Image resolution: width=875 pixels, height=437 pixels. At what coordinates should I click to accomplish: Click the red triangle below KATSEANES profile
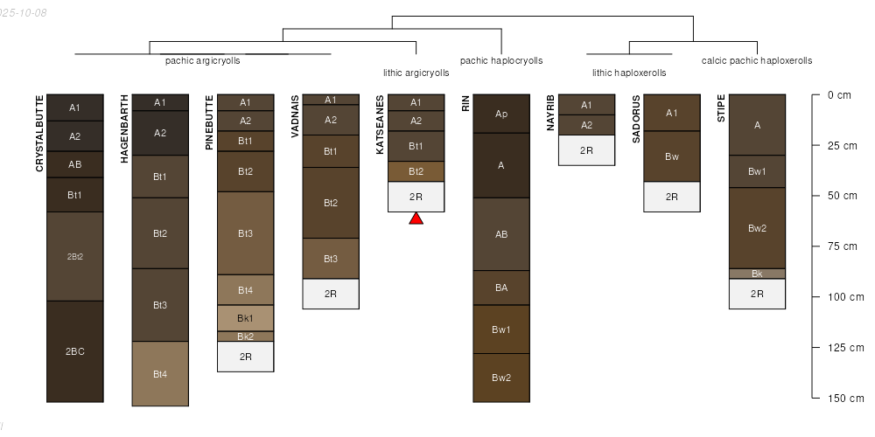tap(416, 218)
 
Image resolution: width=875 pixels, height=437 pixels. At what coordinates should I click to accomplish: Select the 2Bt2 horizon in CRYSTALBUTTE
tap(74, 256)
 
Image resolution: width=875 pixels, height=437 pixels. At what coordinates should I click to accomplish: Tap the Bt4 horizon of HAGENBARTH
tap(160, 374)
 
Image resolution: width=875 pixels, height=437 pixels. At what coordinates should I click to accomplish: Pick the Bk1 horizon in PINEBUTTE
tap(245, 317)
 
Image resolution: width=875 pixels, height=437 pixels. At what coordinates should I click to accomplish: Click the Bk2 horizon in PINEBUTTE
tap(245, 336)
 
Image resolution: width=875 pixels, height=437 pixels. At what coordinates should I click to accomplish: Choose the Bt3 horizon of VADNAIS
tap(330, 259)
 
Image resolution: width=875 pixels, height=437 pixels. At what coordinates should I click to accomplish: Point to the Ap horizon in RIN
tap(501, 114)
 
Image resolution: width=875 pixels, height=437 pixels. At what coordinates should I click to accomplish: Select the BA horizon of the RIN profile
tap(501, 288)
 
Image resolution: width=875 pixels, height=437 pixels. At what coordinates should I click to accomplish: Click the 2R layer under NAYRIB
tap(586, 150)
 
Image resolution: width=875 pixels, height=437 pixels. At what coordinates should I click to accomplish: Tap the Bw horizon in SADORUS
tap(671, 156)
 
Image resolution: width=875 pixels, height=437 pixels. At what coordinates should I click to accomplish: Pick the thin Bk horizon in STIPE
tap(757, 274)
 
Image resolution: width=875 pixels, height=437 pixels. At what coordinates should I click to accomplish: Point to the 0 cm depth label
tap(839, 95)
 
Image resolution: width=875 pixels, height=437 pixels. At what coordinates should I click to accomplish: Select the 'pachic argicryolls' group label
tap(202, 61)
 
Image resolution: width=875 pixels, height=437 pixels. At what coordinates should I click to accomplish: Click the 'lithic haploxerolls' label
tap(628, 73)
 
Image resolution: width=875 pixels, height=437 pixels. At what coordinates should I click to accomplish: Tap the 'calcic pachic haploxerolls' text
tap(756, 61)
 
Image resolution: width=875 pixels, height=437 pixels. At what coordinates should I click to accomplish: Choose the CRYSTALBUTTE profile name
tap(39, 133)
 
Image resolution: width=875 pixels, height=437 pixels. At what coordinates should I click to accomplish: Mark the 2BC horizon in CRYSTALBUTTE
tap(74, 351)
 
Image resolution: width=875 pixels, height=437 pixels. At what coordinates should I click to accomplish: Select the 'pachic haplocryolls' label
tap(501, 61)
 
